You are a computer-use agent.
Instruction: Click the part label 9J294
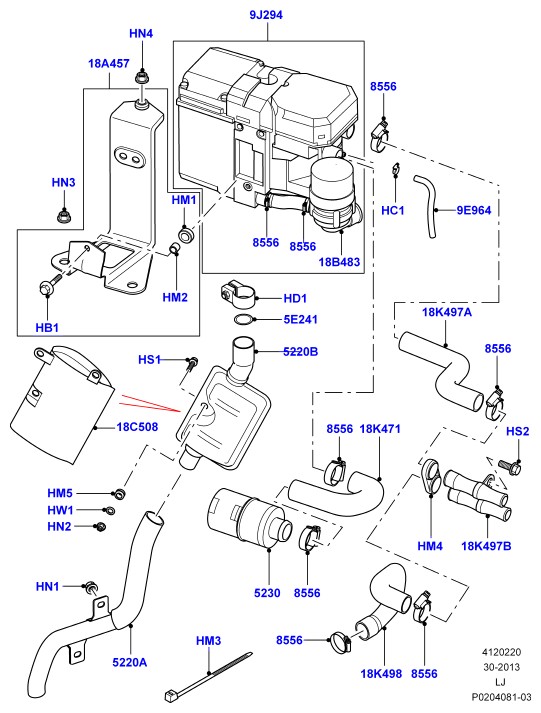coord(266,15)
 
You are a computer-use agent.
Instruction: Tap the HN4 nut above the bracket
coord(142,78)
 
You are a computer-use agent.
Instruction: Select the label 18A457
coord(109,63)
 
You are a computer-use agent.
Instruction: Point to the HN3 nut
coord(63,216)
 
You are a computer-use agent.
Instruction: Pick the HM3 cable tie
coord(207,676)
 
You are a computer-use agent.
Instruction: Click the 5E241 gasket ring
coord(245,320)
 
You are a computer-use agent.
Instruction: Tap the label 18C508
coord(137,427)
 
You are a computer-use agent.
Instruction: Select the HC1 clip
coord(396,168)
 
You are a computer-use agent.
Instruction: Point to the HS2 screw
coord(509,467)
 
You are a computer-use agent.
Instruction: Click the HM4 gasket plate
coord(431,476)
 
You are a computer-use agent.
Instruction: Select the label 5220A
coord(130,662)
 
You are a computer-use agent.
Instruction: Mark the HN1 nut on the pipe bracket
coord(91,587)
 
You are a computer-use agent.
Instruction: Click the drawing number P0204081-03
coord(501,697)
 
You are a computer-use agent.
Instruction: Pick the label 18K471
coord(380,428)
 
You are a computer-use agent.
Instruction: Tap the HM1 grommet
coord(185,234)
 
